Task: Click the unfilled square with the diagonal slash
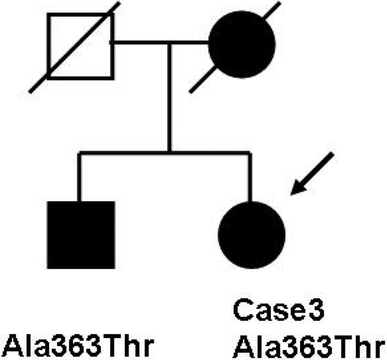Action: click(x=80, y=46)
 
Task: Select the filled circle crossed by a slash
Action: click(x=242, y=45)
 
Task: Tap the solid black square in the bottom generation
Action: click(x=81, y=235)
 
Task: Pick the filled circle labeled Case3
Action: click(x=252, y=235)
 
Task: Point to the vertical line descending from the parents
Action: click(x=169, y=97)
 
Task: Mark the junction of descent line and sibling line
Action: click(x=169, y=152)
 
